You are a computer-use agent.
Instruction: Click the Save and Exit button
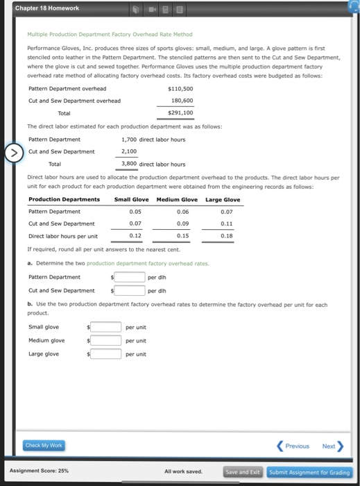tap(243, 471)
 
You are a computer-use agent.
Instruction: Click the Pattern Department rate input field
tap(130, 277)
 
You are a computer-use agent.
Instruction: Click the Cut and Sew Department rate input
tap(130, 290)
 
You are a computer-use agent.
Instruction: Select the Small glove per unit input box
tap(107, 327)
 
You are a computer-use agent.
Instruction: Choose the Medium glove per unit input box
tap(107, 340)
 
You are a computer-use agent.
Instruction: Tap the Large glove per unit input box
tap(107, 354)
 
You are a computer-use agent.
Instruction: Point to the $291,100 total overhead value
tap(180, 112)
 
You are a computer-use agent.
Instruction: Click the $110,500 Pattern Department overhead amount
tap(180, 89)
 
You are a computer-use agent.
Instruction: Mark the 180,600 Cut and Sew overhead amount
tap(182, 101)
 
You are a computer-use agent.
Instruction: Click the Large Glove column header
tap(223, 200)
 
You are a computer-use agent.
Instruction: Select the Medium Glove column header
tap(177, 200)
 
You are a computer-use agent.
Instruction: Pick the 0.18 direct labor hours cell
tap(226, 235)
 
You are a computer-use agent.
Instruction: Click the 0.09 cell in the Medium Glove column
tap(182, 224)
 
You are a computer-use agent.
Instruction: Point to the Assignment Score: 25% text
tap(40, 471)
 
